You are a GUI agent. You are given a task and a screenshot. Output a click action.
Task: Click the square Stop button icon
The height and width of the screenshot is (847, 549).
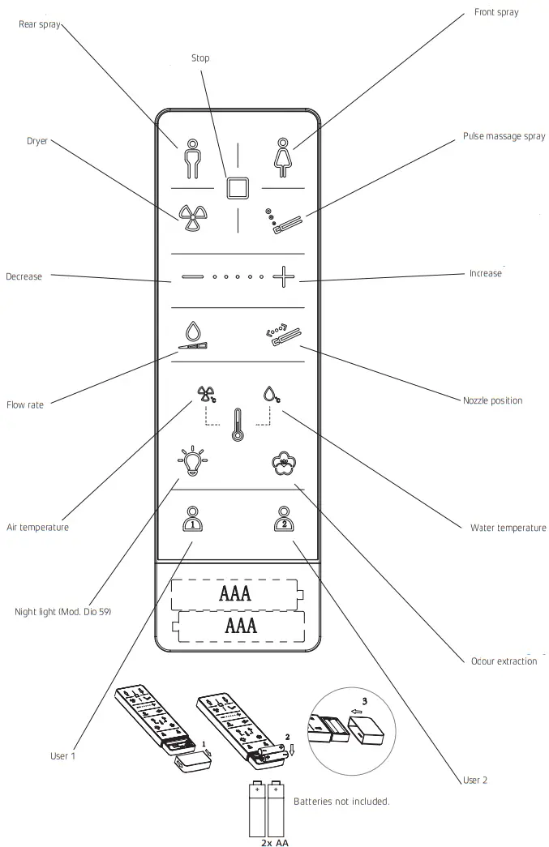tap(237, 188)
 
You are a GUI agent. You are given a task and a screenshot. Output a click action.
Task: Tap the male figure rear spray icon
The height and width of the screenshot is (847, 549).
tap(191, 158)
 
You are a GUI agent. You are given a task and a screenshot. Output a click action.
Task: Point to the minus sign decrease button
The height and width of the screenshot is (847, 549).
tap(192, 277)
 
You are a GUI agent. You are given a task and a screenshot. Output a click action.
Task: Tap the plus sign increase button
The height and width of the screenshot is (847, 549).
tap(283, 276)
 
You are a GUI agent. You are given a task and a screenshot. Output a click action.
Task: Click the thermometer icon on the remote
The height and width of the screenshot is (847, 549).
tap(237, 424)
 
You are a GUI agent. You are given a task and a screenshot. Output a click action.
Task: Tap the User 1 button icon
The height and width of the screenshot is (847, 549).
tap(191, 518)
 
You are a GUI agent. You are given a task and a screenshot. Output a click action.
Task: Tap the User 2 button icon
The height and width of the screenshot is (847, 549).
tap(282, 518)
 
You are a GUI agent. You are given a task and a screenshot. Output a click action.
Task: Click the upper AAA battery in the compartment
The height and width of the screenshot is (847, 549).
tap(235, 593)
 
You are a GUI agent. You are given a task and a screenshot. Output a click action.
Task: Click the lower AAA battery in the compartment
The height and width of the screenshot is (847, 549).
tap(240, 626)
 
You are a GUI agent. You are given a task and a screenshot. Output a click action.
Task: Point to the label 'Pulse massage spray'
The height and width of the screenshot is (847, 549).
tap(504, 137)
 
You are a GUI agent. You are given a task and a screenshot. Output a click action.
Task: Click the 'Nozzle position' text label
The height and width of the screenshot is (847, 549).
tap(492, 400)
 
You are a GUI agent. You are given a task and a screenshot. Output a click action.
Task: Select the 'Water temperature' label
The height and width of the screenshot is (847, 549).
tap(508, 528)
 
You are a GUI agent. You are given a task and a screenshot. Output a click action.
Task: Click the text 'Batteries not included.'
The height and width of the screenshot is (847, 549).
tap(341, 801)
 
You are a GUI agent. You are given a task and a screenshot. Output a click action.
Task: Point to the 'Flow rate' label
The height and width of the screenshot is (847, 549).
tap(25, 404)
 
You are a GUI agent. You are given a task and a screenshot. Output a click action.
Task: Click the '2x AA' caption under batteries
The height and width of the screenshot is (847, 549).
tap(274, 842)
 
